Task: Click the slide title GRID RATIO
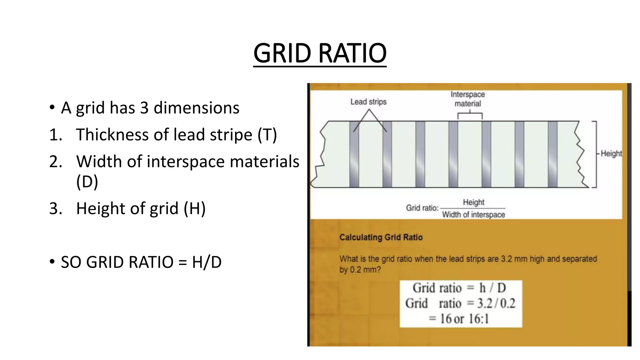(320, 53)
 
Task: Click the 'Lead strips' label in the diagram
(368, 102)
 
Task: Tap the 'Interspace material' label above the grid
(467, 99)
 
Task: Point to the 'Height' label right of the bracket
(611, 154)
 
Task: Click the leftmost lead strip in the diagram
(354, 154)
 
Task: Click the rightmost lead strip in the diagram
(552, 154)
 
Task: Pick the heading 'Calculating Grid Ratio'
(381, 237)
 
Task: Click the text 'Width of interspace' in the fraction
(473, 215)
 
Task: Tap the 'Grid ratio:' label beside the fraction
(422, 208)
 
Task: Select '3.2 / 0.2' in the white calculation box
(496, 303)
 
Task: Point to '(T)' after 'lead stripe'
(267, 135)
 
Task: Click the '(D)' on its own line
(87, 182)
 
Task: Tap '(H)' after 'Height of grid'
(194, 208)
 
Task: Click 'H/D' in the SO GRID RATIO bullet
(207, 262)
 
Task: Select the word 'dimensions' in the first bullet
(197, 108)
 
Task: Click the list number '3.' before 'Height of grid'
(56, 208)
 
